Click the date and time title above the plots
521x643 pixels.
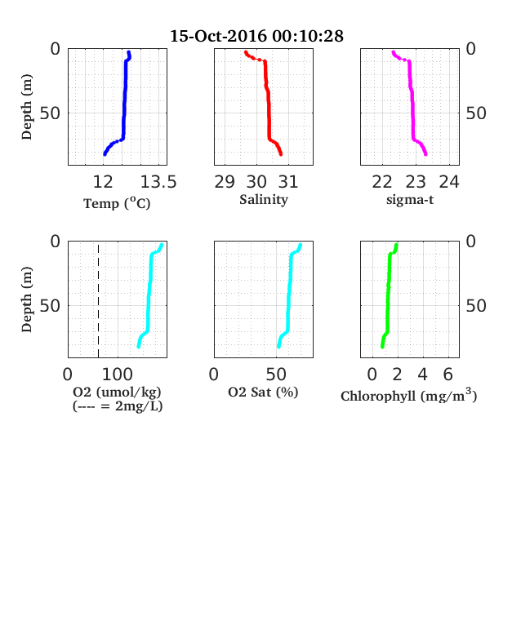pyautogui.click(x=256, y=36)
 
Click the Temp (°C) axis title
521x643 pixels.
pyautogui.click(x=117, y=203)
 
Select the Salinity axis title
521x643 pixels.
pyautogui.click(x=264, y=199)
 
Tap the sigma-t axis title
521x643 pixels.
pyautogui.click(x=410, y=200)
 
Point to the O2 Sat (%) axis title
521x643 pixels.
pyautogui.click(x=263, y=392)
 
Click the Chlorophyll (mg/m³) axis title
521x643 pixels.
pyautogui.click(x=409, y=395)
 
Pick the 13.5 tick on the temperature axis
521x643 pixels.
pyautogui.click(x=158, y=182)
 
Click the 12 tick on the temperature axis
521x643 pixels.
pyautogui.click(x=103, y=182)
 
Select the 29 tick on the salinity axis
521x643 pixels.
pyautogui.click(x=225, y=182)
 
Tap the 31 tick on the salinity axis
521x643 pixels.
pyautogui.click(x=288, y=182)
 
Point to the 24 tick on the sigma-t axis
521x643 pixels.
pyautogui.click(x=449, y=182)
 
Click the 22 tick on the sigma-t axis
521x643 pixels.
pyautogui.click(x=382, y=182)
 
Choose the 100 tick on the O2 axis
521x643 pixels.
pyautogui.click(x=118, y=374)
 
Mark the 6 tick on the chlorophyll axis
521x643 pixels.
pyautogui.click(x=448, y=374)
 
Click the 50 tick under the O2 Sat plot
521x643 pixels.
pyautogui.click(x=276, y=374)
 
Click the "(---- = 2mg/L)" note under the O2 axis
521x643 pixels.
pyautogui.click(x=118, y=406)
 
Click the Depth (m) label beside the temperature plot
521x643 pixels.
pyautogui.click(x=27, y=107)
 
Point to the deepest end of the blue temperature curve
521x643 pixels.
pyautogui.click(x=105, y=154)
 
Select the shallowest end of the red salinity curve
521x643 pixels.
pyautogui.click(x=246, y=52)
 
